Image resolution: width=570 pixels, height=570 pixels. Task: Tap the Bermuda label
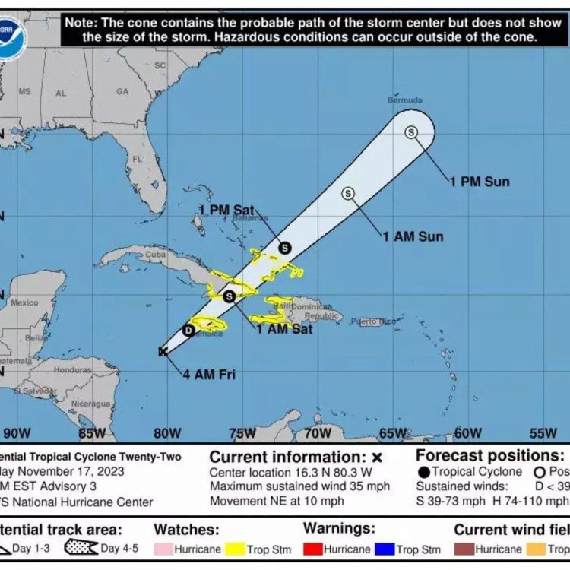(403, 100)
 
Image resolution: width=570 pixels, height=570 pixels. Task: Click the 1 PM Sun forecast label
(479, 182)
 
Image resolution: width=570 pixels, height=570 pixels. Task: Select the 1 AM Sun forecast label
(413, 237)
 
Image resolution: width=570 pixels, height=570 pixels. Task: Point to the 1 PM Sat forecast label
(226, 209)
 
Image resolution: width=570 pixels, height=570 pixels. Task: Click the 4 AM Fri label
(207, 374)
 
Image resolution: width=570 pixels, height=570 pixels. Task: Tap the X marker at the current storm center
(163, 351)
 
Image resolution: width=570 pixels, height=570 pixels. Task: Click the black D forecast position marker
(188, 330)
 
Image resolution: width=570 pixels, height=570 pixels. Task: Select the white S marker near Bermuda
(411, 132)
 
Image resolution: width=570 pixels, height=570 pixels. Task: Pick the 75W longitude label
(242, 433)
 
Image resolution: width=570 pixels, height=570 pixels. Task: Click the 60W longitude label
(468, 433)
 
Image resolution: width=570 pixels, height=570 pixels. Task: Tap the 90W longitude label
(17, 433)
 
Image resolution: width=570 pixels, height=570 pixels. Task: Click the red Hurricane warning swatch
(312, 549)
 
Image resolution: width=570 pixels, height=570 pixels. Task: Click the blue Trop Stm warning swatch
(385, 549)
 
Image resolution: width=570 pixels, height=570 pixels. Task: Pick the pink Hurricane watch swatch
(163, 549)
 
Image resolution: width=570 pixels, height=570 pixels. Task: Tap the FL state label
(138, 159)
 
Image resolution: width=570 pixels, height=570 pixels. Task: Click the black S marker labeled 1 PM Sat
(284, 247)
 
